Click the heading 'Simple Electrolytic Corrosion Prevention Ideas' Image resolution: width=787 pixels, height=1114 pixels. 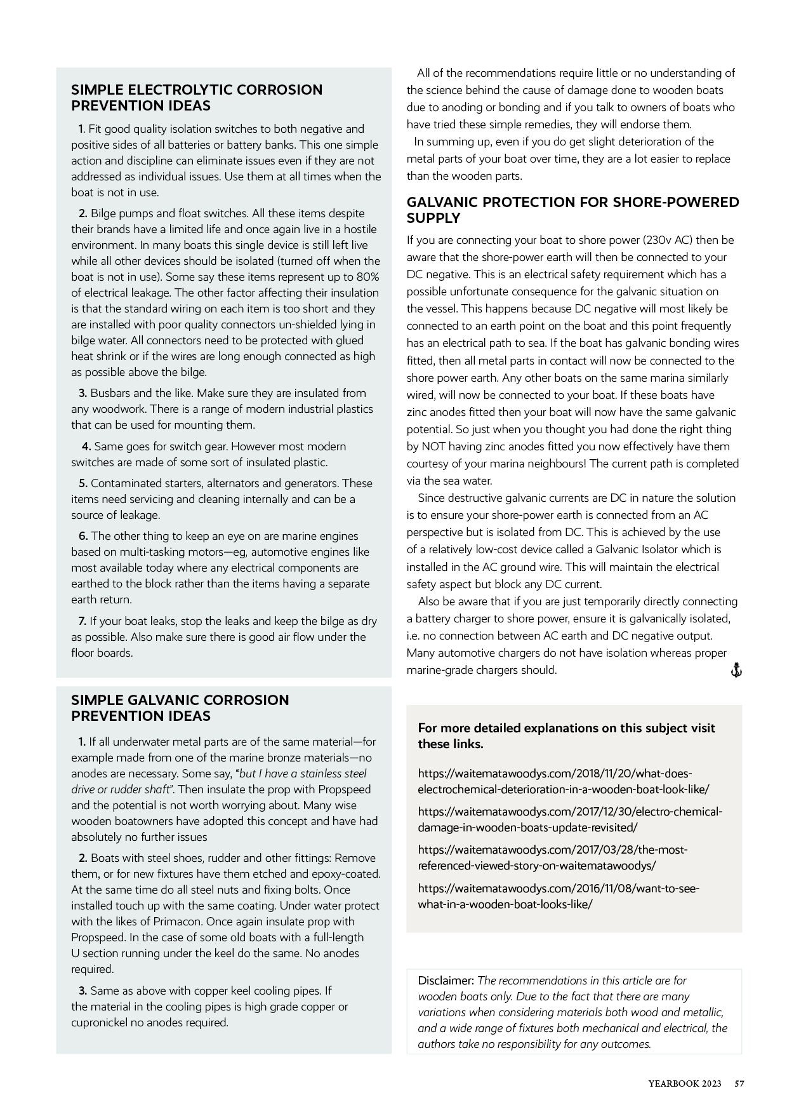(x=197, y=98)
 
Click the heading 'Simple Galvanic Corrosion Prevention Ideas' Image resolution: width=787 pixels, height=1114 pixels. (x=180, y=708)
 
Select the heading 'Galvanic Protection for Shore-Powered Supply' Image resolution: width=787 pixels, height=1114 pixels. (x=572, y=210)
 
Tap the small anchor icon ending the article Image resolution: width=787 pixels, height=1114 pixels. (x=736, y=670)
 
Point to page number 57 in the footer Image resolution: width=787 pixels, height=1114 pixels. (x=739, y=1084)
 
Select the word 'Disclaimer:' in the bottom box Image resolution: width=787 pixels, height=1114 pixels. (x=446, y=981)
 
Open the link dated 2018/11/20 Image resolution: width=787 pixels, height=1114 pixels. (x=563, y=782)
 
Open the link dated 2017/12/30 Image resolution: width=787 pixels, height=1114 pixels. (x=569, y=820)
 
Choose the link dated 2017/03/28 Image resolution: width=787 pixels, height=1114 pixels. (x=552, y=858)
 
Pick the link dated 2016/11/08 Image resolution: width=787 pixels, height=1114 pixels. (x=559, y=896)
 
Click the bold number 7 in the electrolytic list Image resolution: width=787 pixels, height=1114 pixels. (x=83, y=621)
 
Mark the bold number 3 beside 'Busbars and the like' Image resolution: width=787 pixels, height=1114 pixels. (x=83, y=393)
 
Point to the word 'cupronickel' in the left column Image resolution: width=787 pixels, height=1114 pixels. (x=101, y=1023)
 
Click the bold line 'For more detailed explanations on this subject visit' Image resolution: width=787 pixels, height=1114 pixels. (x=566, y=728)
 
